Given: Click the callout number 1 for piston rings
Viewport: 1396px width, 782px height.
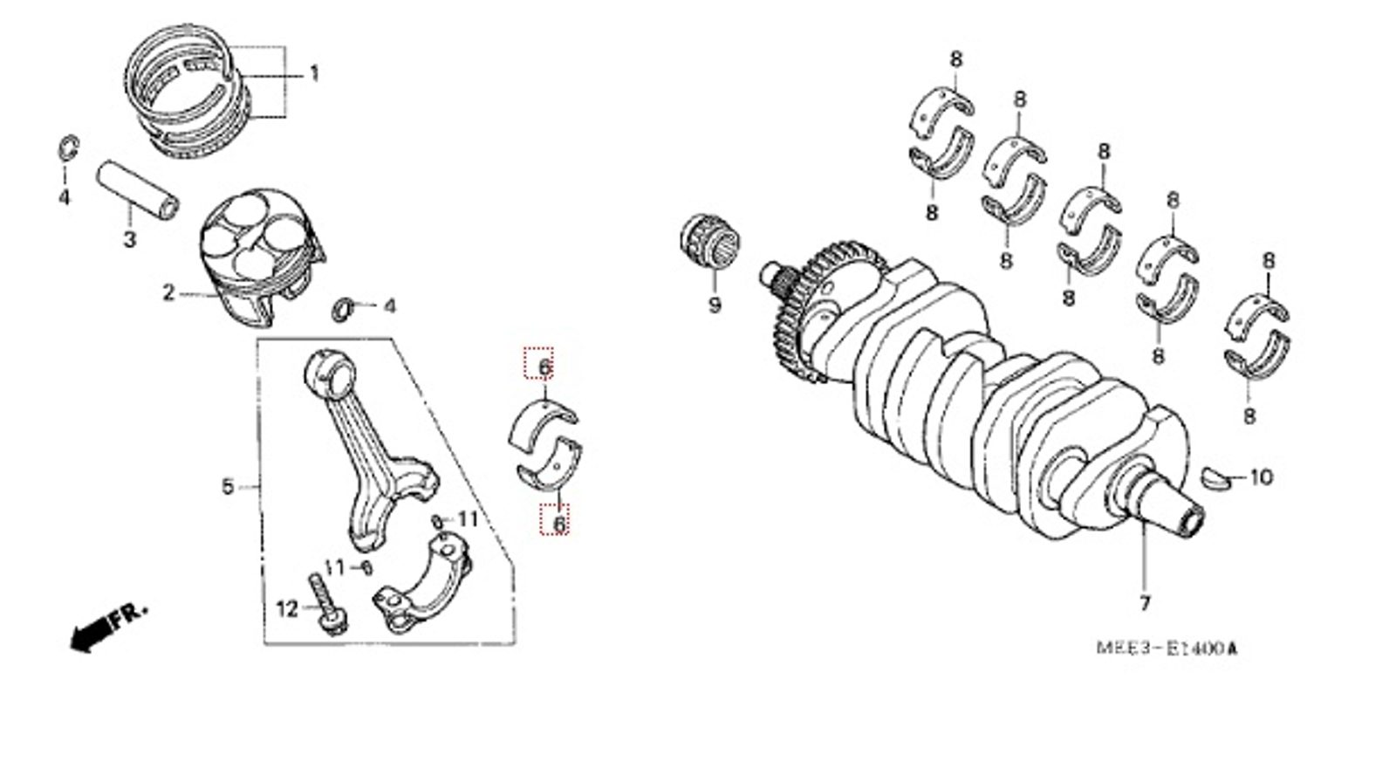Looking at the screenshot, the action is click(x=314, y=73).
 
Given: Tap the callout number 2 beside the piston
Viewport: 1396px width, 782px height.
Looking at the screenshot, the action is click(x=168, y=292).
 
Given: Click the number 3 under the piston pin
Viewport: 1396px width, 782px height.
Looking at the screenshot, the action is click(x=130, y=239).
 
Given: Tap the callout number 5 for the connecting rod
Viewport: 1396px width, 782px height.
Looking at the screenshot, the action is click(x=228, y=486).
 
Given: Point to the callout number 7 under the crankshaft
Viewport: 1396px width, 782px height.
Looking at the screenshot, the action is click(x=1144, y=603).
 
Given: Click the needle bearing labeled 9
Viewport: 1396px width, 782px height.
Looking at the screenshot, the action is click(x=709, y=246).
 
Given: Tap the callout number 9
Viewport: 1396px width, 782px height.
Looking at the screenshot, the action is click(x=715, y=305).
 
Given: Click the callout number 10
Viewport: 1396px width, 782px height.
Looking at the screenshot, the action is click(x=1261, y=477).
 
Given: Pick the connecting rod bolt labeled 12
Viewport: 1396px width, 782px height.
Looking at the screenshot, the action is click(x=326, y=604).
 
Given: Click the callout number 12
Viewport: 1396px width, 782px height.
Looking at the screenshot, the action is click(x=287, y=609).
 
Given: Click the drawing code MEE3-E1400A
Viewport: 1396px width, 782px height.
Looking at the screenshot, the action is click(x=1167, y=648).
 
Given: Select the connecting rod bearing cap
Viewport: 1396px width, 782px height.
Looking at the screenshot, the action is click(x=423, y=582).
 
